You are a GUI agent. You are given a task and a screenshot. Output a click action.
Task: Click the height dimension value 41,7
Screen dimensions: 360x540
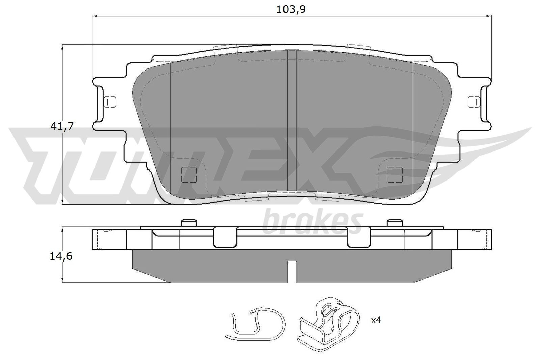(x=61, y=126)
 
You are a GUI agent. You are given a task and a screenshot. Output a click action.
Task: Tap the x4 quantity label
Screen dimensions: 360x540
(x=376, y=320)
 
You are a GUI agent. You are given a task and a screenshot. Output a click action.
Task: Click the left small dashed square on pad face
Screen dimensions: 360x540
(x=189, y=174)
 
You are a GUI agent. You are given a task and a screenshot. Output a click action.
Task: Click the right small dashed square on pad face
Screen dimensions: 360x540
(x=395, y=174)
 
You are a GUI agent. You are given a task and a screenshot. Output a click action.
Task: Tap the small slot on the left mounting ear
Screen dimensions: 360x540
(x=110, y=101)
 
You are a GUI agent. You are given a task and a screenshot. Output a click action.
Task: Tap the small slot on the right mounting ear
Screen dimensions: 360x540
(x=474, y=101)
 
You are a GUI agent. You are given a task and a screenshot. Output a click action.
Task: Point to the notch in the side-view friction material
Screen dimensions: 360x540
(x=292, y=272)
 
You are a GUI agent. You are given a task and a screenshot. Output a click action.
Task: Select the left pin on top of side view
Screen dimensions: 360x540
(x=189, y=223)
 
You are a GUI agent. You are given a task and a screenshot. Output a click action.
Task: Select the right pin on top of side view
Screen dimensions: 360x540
(x=395, y=223)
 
